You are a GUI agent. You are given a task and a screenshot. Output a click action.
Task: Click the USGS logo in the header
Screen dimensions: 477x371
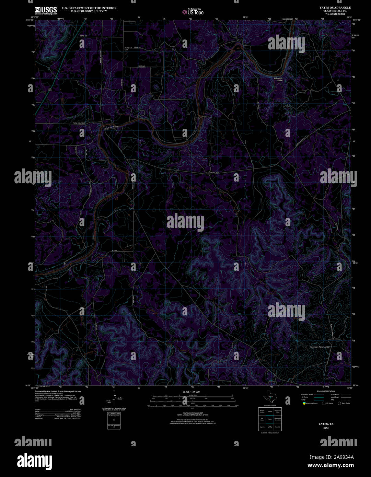tap(46, 10)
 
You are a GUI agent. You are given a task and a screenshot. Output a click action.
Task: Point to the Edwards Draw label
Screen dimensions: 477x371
tap(278, 79)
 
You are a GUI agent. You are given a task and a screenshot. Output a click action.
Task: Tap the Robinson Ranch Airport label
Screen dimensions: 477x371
tap(320, 347)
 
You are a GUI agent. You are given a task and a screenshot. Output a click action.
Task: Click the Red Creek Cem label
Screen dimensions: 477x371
tap(128, 49)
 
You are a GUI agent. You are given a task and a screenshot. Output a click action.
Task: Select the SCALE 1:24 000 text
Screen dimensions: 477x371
tap(192, 392)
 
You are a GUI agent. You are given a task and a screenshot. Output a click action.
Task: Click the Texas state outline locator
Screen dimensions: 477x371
tap(268, 398)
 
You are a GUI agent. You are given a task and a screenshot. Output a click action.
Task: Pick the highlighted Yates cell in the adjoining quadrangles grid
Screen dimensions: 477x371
tap(270, 419)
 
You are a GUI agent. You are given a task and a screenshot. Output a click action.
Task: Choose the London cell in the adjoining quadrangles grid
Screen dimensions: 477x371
tap(270, 411)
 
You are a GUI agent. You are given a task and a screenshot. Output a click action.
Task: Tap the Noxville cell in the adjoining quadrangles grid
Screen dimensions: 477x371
tap(277, 427)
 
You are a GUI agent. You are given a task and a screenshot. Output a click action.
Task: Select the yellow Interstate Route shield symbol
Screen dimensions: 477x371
tap(304, 403)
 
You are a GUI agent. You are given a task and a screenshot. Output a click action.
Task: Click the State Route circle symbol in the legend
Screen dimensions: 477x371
tap(339, 403)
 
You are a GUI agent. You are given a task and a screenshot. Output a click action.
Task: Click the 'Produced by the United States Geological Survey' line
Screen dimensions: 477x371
tap(58, 392)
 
